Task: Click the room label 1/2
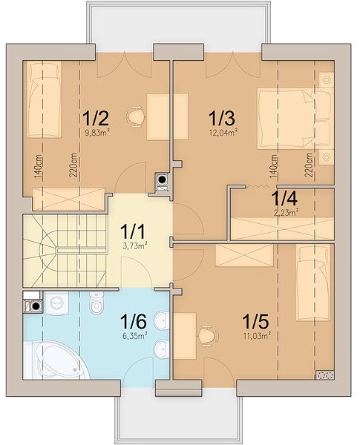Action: click(x=96, y=118)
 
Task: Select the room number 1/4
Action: click(x=284, y=198)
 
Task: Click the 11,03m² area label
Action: click(x=257, y=336)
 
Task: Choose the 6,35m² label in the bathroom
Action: click(x=134, y=336)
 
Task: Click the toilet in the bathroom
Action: click(x=96, y=303)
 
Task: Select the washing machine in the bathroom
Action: click(x=56, y=303)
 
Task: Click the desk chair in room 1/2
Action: click(x=135, y=116)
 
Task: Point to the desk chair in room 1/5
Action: click(x=209, y=336)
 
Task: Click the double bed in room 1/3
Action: click(x=295, y=119)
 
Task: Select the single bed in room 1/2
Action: click(x=45, y=99)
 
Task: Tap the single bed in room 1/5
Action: click(x=313, y=283)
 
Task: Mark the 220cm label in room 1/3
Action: click(x=309, y=165)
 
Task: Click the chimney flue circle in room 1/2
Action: click(x=163, y=179)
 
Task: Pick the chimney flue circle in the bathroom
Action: click(x=36, y=306)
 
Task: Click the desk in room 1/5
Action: click(x=185, y=336)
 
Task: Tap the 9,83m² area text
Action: click(x=97, y=132)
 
